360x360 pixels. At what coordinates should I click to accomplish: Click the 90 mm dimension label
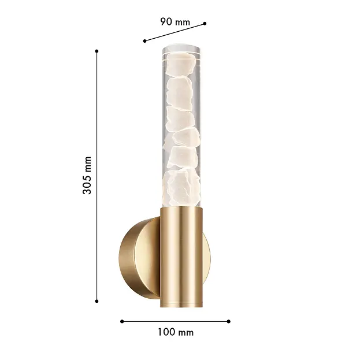point(175,22)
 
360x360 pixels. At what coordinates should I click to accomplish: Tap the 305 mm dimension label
point(87,176)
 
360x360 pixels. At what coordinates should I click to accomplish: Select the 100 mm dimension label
point(176,332)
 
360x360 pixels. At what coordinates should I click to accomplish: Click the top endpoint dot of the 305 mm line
point(97,51)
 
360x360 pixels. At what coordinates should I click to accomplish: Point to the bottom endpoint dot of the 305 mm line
point(97,301)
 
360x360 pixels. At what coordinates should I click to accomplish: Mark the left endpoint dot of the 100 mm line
point(122,321)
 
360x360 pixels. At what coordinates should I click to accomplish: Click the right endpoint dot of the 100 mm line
point(228,321)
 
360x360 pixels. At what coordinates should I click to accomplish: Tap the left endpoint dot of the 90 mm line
point(144,41)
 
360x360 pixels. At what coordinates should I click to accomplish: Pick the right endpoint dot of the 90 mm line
point(205,24)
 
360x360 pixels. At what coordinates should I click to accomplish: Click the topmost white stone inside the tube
point(181,64)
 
